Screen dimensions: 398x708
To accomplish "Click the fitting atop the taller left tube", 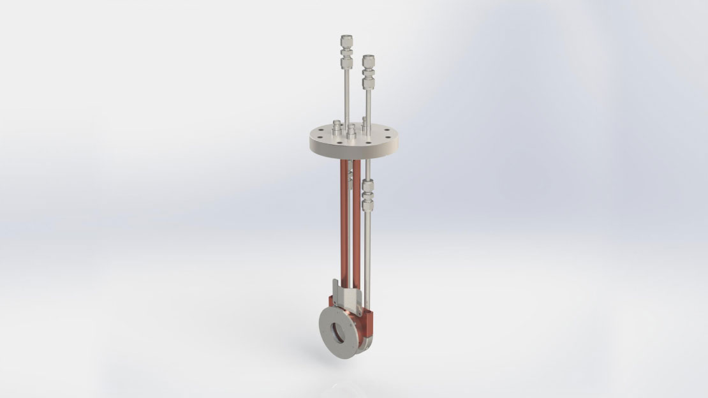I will point(346,52).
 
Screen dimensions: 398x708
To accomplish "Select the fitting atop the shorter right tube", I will point(368,71).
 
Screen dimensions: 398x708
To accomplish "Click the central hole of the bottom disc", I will point(338,332).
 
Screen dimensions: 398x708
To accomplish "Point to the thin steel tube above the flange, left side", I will point(346,96).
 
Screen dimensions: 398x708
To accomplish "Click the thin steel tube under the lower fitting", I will point(367,255).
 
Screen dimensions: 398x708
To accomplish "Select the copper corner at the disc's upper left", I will point(331,300).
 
